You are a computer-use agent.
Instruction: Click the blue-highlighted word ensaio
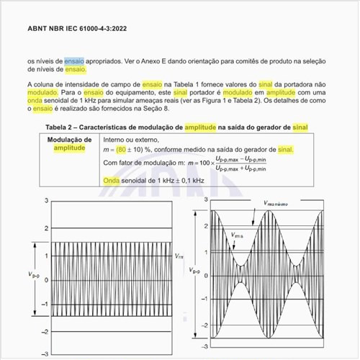[x=74, y=61]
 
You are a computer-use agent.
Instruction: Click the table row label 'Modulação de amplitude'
[x=69, y=143]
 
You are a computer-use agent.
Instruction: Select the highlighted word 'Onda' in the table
[x=111, y=180]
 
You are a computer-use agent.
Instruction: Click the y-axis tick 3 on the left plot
[x=45, y=199]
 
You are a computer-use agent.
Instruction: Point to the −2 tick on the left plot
[x=44, y=329]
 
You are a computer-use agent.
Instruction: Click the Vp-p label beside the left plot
[x=31, y=274]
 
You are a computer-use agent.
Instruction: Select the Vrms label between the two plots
[x=179, y=256]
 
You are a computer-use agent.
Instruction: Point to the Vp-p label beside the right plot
[x=190, y=271]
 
